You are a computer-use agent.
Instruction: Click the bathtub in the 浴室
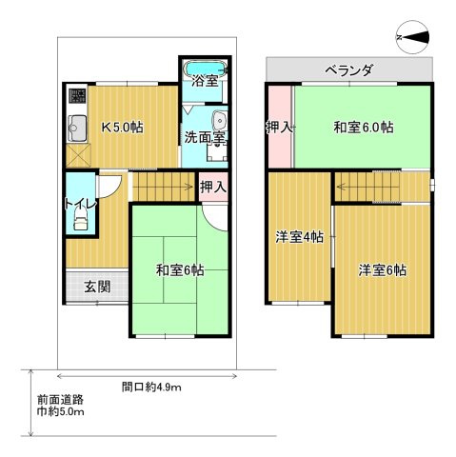tap(207, 69)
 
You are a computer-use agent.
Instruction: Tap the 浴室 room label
tap(206, 81)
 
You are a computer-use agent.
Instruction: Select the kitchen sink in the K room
tap(77, 129)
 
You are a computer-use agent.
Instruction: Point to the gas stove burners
tap(77, 95)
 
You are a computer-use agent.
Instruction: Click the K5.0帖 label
tap(122, 128)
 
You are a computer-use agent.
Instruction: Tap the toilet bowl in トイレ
tap(80, 220)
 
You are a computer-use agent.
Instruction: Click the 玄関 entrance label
tap(97, 287)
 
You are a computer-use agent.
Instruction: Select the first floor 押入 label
tap(213, 187)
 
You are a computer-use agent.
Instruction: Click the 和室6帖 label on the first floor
tap(180, 270)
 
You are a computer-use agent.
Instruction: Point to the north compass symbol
tap(413, 37)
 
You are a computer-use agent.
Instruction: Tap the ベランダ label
tap(349, 70)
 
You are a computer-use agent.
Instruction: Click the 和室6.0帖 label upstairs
tap(364, 128)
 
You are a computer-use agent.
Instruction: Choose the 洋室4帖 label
tap(300, 237)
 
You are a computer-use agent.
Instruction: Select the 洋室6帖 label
tap(383, 270)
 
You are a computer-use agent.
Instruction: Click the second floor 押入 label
tap(280, 128)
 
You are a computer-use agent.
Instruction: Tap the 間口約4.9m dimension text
tap(151, 387)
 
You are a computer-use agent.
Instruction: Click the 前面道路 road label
tap(60, 399)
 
